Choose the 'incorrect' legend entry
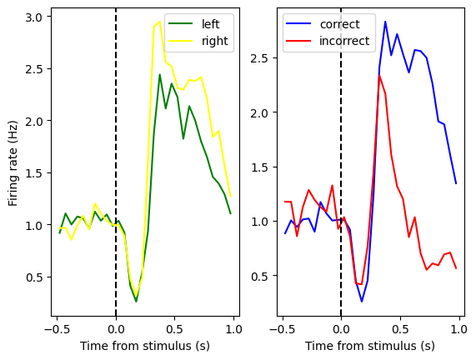344,40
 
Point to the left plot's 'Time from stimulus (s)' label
145,346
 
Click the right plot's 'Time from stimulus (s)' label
370,346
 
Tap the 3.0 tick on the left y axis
35,17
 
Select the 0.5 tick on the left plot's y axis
35,277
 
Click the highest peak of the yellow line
159,22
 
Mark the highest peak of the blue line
385,22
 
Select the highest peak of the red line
379,76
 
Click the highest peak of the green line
160,75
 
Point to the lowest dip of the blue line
362,302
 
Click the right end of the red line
456,267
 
